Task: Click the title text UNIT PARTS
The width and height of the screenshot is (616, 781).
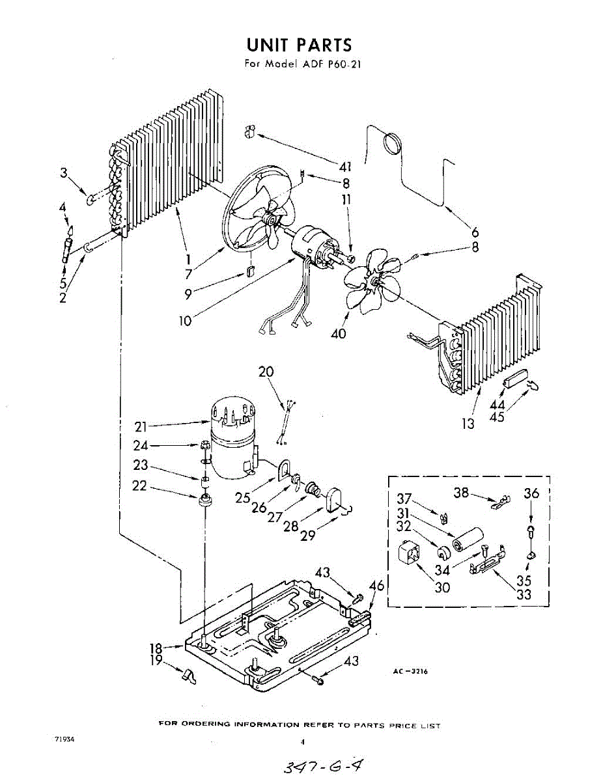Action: coord(299,45)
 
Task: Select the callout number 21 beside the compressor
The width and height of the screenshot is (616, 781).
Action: coord(141,427)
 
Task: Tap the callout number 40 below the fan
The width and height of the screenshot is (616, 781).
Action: coord(338,333)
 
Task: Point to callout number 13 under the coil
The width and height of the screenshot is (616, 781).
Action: coord(468,424)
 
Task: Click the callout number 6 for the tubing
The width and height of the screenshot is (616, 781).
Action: coord(475,232)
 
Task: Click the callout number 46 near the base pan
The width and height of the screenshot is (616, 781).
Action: coord(376,586)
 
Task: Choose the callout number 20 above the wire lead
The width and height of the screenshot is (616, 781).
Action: coord(266,372)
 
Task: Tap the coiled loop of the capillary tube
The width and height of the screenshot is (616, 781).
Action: coord(392,144)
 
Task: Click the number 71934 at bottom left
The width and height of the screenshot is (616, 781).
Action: coord(64,739)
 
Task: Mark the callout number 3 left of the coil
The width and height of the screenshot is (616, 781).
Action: coord(64,173)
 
